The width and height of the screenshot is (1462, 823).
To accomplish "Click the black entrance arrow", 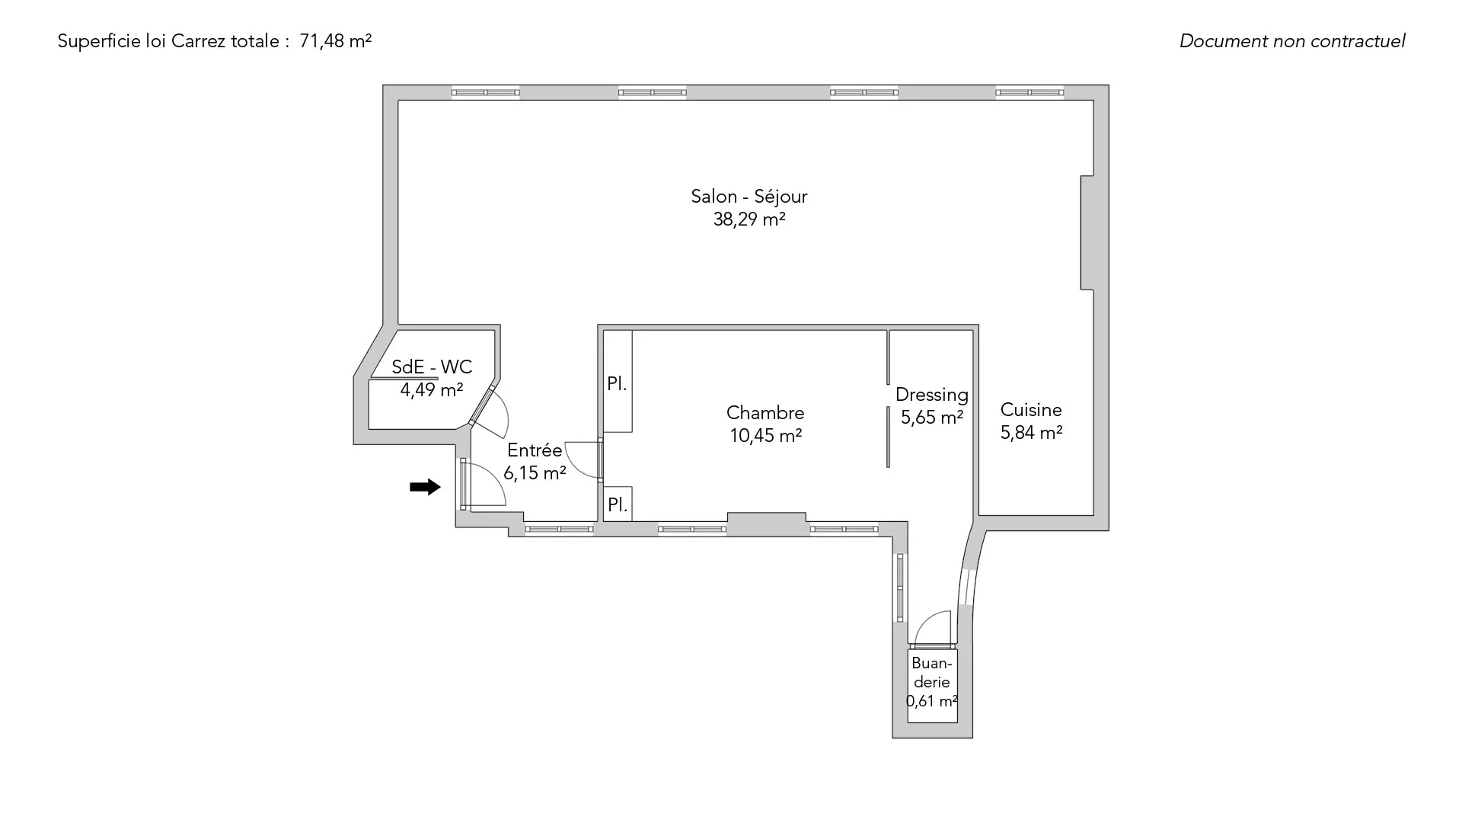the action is (425, 487).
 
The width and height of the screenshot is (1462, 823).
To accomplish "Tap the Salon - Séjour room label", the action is (749, 197).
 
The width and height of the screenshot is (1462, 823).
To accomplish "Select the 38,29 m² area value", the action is (749, 219).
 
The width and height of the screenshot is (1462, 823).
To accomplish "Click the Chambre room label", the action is (765, 413).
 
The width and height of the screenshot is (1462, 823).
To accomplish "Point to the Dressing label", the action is (932, 395).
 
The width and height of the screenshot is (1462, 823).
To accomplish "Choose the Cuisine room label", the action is (1031, 410).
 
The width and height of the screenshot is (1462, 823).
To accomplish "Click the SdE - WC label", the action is (432, 367).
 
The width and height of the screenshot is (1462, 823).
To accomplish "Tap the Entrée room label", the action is (535, 450).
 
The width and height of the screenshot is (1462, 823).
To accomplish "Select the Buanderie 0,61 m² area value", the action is (932, 701).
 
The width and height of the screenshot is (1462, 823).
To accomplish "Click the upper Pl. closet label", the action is (617, 384).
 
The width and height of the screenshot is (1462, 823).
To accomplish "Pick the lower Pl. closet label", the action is (617, 504).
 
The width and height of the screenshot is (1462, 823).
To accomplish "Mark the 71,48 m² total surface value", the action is (336, 41).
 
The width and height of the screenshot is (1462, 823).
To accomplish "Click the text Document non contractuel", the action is (1292, 41).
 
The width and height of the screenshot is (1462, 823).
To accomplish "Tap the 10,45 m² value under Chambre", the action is (766, 436).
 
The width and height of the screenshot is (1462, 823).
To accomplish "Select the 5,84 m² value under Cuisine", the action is (1031, 433).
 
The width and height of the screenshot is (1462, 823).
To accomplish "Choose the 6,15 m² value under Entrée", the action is (535, 473).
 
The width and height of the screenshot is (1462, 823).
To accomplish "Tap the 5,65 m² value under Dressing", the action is (932, 418).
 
